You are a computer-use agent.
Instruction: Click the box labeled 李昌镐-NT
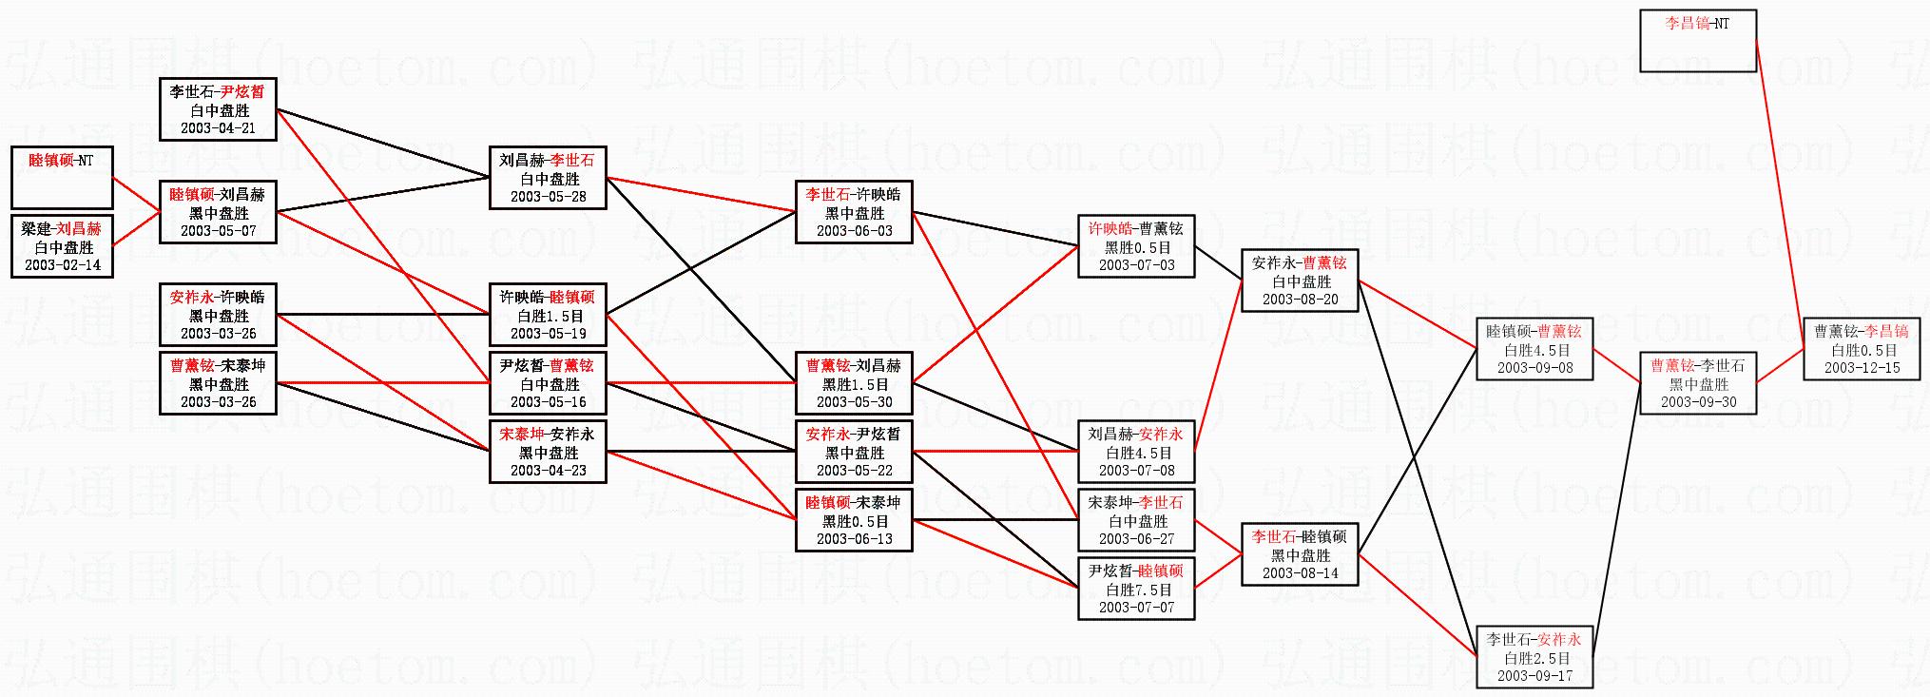1698,41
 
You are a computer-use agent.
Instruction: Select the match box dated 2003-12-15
1862,349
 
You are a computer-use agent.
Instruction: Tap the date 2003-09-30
1698,401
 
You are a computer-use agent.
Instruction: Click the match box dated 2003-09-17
1534,657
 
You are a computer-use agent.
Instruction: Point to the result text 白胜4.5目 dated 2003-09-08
1534,350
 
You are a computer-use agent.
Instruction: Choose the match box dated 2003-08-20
1301,281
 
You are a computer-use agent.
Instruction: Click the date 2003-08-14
1301,572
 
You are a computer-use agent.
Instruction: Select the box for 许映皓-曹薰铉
1136,246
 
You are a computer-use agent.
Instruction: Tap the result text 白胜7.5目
1136,590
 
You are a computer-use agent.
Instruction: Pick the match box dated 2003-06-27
1136,520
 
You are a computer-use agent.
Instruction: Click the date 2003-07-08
1136,470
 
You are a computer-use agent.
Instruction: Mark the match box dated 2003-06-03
855,212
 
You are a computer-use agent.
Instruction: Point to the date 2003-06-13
855,538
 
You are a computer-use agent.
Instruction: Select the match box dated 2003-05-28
548,178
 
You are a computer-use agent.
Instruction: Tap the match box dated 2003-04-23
548,452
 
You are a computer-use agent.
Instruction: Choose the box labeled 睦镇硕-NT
62,178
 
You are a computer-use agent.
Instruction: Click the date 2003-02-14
62,264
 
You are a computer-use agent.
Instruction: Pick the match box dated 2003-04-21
219,109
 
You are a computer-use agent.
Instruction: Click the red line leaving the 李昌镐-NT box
1780,195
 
